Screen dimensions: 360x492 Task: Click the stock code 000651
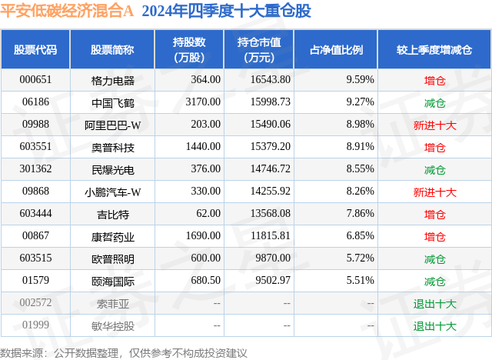(35, 79)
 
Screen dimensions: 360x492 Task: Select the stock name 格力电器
(112, 79)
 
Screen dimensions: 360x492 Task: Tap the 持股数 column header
(188, 50)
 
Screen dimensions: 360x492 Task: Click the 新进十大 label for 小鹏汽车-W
(435, 192)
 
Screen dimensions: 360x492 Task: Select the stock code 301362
(35, 169)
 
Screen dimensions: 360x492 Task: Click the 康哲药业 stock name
(112, 236)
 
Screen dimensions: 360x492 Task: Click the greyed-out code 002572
(35, 304)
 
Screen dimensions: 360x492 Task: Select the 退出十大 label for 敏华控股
(435, 326)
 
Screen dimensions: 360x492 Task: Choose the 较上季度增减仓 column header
(435, 50)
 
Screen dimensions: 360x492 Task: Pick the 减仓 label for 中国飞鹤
(435, 102)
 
